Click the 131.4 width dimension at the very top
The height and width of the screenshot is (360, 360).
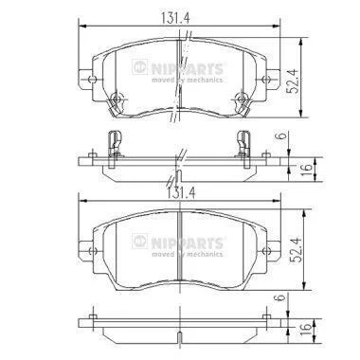pyautogui.click(x=175, y=18)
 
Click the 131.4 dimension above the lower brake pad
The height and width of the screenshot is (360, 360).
pyautogui.click(x=181, y=193)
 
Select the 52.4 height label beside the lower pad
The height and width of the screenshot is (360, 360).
pyautogui.click(x=296, y=249)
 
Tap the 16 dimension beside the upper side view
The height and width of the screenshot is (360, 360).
pyautogui.click(x=308, y=170)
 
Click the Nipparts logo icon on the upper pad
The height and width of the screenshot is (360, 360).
pyautogui.click(x=139, y=67)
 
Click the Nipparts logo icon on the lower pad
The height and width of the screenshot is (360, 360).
pyautogui.click(x=139, y=242)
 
